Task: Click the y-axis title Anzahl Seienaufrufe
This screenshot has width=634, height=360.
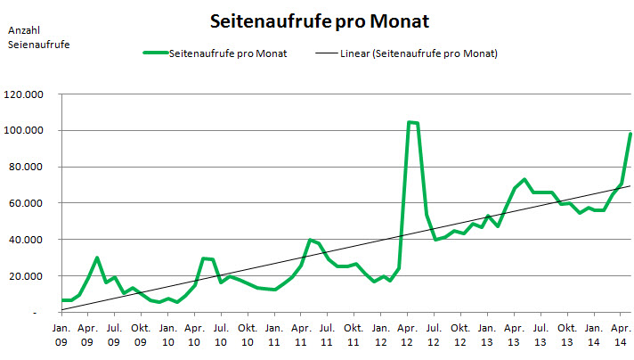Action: [38, 37]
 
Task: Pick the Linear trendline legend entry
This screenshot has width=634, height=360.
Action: [405, 54]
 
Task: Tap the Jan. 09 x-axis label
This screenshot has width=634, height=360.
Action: [60, 334]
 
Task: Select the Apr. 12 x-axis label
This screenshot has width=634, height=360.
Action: [408, 334]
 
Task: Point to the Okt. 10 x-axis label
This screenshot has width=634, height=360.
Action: [248, 334]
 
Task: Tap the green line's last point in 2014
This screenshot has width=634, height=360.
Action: [630, 134]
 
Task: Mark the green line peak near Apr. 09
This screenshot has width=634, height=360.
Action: [96, 258]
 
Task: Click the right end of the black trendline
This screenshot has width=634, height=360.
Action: [630, 185]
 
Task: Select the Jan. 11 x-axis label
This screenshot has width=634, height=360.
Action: [274, 334]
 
